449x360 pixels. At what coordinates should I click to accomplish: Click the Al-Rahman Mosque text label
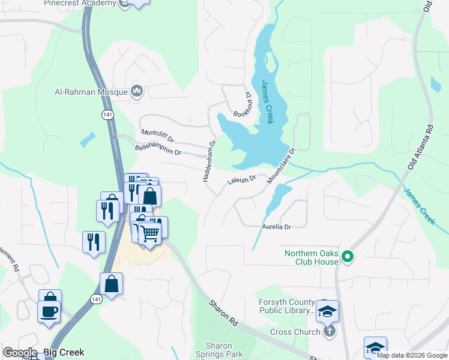pos(91,92)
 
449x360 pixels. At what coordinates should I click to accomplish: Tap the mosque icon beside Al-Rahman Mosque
pos(137,91)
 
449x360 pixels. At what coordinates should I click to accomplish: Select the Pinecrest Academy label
pos(79,4)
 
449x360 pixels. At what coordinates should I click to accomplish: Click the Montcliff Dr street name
pos(157,136)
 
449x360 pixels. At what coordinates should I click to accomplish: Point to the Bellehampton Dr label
pos(158,149)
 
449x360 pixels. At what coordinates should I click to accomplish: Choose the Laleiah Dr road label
pos(241,179)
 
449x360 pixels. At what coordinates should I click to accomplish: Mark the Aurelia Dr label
pos(276,227)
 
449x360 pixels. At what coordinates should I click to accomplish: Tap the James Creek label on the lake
pos(267,103)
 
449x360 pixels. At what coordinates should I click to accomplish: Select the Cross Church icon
pos(328,332)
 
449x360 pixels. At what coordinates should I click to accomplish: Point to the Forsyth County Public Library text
pos(287,307)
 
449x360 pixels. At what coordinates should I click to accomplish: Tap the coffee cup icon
pos(49,311)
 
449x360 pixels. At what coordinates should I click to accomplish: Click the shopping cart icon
pos(150,233)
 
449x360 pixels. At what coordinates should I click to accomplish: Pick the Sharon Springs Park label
pos(223,350)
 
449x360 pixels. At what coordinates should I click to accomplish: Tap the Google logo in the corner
pos(20,353)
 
